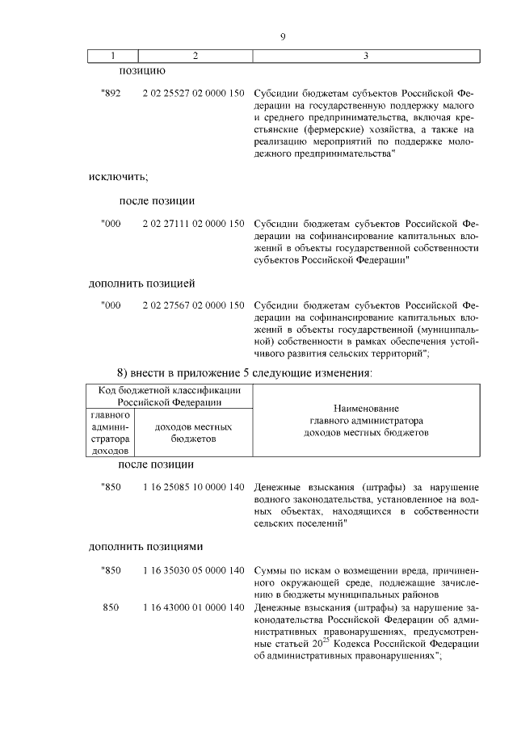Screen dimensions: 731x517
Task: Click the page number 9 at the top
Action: click(x=283, y=36)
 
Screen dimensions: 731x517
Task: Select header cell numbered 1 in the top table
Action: click(x=113, y=56)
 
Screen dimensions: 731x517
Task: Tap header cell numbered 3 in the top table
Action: click(x=366, y=56)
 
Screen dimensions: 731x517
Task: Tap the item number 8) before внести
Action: click(x=124, y=372)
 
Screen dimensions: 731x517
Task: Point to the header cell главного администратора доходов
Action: click(x=108, y=433)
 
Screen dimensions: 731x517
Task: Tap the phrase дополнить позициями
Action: click(x=145, y=546)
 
